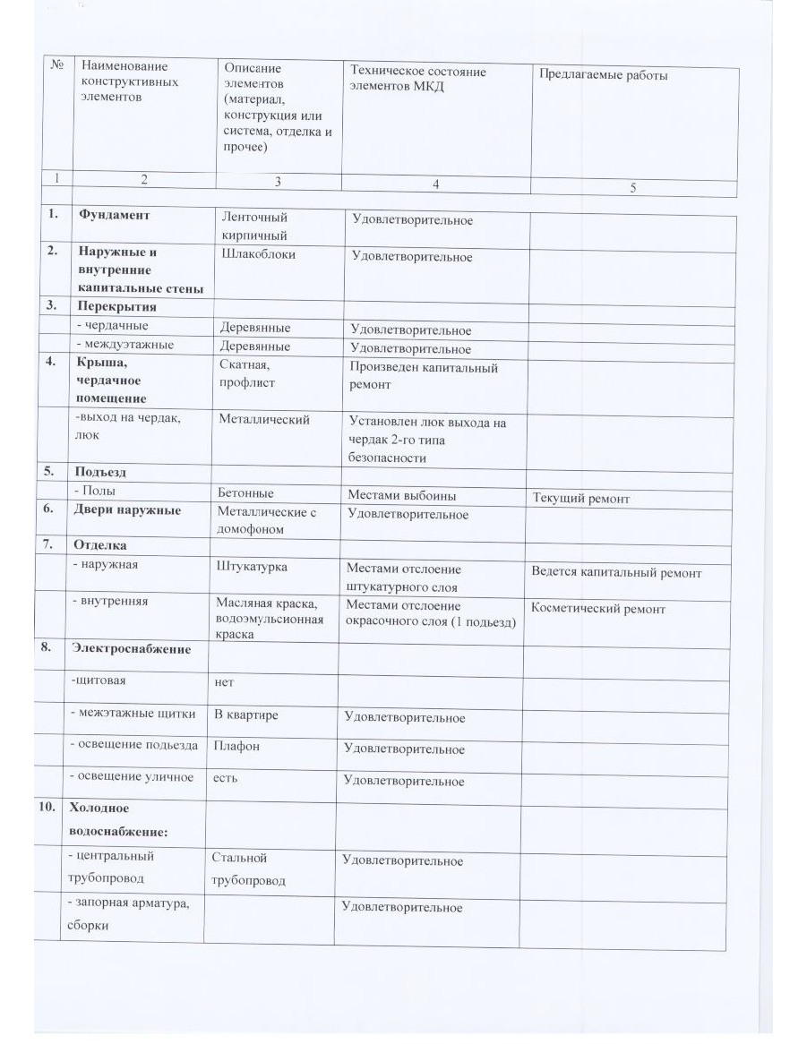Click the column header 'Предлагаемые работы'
click(602, 76)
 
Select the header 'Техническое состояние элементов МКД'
click(418, 80)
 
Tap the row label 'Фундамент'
click(113, 215)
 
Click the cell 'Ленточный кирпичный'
click(255, 226)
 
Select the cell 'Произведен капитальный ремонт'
click(423, 375)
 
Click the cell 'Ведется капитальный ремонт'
click(616, 572)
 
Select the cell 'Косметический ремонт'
click(598, 609)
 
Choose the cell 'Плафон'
click(236, 745)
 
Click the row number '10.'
click(47, 808)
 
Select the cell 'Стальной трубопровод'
click(248, 869)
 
